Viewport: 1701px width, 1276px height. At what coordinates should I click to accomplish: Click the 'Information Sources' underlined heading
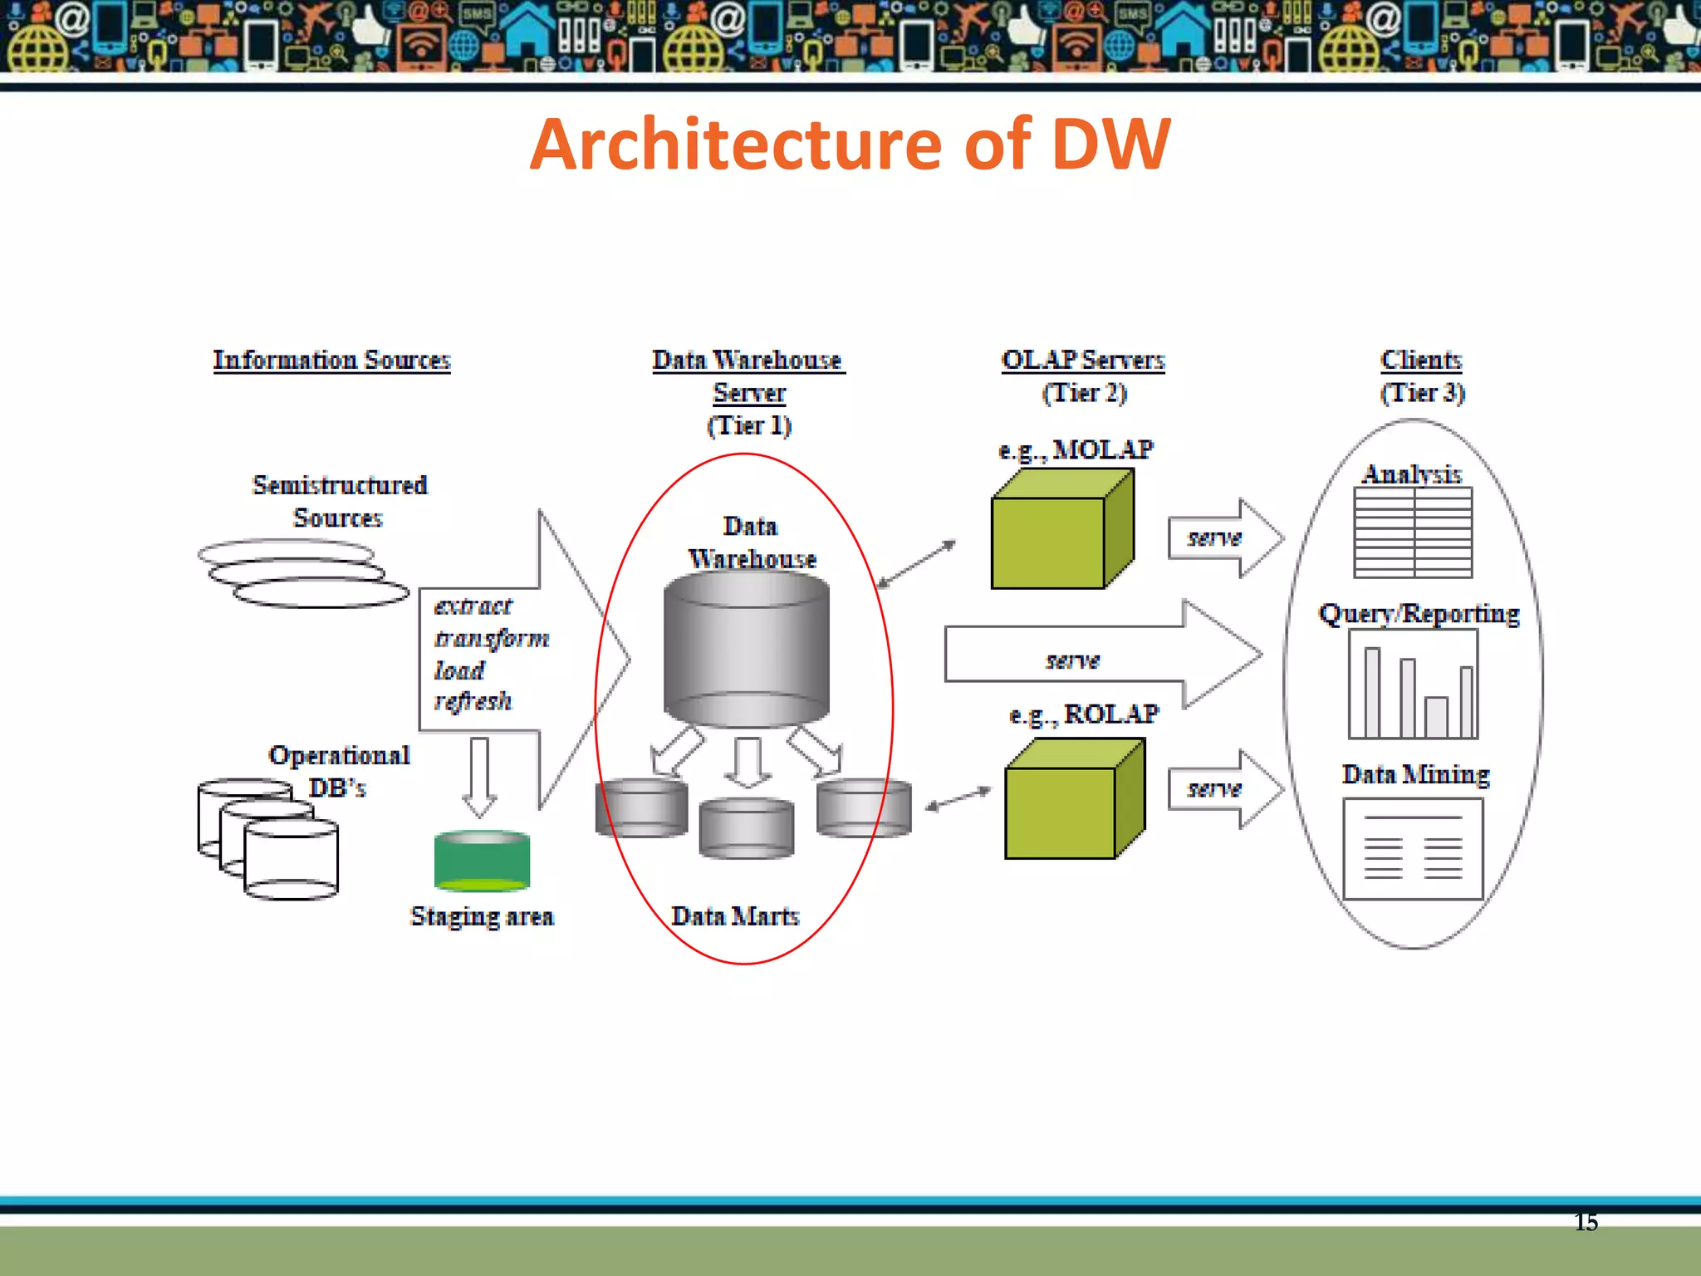[x=331, y=360]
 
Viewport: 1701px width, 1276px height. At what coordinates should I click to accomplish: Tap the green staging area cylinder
[x=482, y=861]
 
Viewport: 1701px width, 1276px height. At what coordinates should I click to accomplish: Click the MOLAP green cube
[x=1061, y=532]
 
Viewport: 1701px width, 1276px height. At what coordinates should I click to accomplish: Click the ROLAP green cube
[x=1073, y=801]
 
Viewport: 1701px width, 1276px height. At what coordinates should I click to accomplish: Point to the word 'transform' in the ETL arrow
[x=492, y=638]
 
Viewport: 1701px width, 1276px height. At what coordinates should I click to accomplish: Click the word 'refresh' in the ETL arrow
[x=473, y=701]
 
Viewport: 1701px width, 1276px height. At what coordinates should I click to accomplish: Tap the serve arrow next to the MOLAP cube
[x=1223, y=538]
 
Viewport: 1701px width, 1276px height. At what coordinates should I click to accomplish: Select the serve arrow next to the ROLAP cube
[x=1223, y=788]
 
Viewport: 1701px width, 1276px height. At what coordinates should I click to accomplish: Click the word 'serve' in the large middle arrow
[x=1072, y=660]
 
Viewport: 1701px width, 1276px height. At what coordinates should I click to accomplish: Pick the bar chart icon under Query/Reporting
[x=1413, y=685]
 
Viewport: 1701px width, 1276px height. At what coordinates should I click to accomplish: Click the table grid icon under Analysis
[x=1413, y=532]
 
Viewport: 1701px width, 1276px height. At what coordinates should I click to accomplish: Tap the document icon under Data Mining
[x=1413, y=849]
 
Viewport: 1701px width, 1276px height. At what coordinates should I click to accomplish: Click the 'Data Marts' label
[x=735, y=915]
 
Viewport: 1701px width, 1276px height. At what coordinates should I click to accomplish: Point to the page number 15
[x=1586, y=1222]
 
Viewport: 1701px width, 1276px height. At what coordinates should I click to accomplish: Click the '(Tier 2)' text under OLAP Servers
[x=1085, y=392]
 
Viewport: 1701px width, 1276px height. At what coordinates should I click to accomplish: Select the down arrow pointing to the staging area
[x=479, y=777]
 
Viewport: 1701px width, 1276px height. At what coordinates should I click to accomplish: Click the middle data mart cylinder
[x=746, y=827]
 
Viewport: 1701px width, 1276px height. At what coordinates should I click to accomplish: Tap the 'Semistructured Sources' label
[x=339, y=501]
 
